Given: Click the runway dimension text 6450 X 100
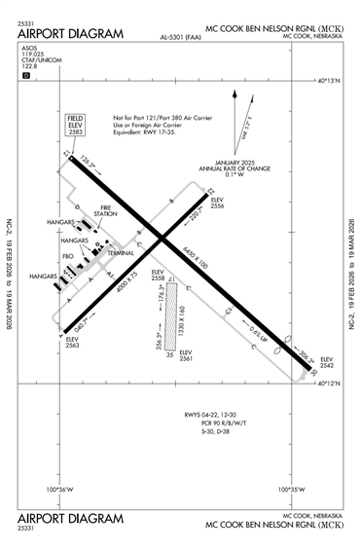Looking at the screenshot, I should (196, 258).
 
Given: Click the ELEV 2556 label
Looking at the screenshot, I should (218, 205).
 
